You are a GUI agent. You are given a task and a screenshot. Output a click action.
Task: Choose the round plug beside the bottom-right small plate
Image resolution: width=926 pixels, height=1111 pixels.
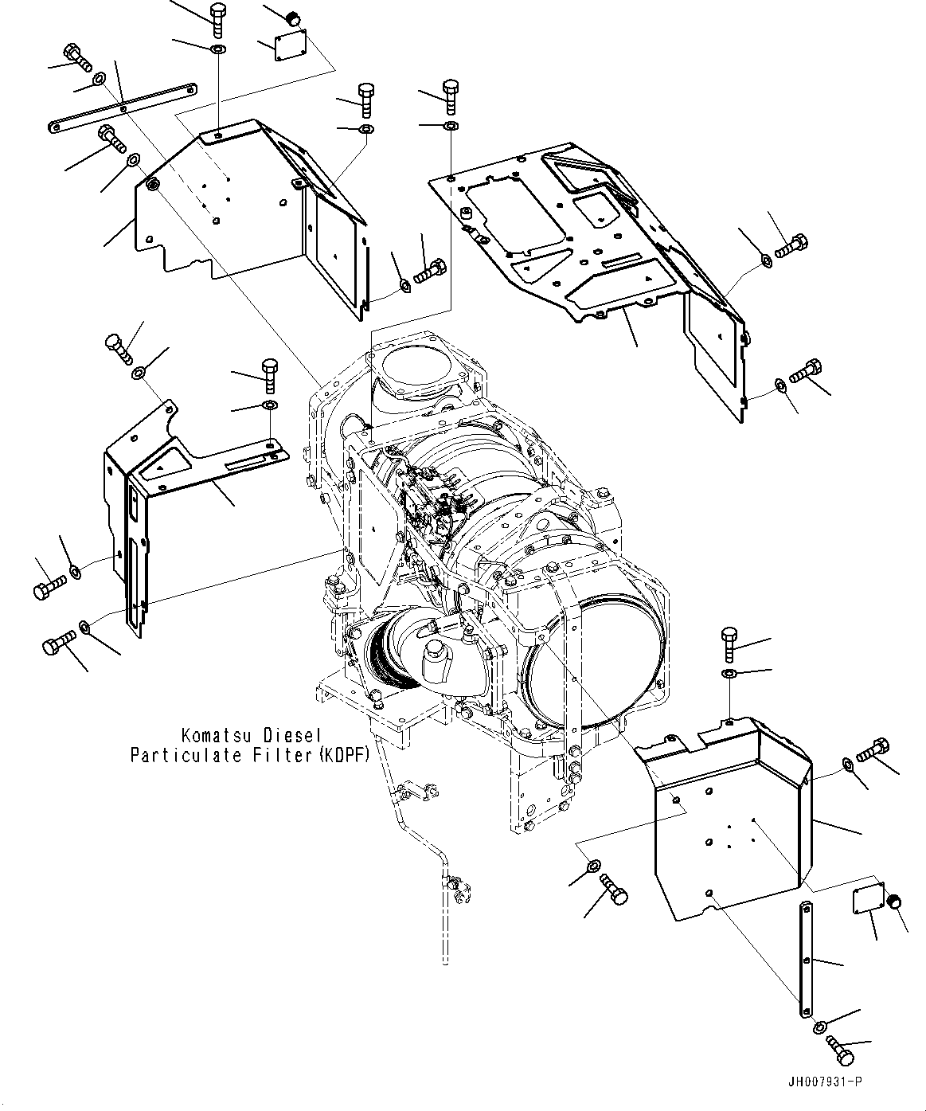pos(896,902)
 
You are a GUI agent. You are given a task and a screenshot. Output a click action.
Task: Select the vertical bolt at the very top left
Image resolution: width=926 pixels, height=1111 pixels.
pos(218,17)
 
